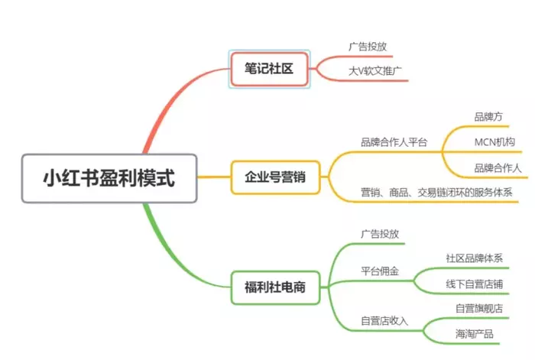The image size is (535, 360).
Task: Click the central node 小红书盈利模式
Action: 109,178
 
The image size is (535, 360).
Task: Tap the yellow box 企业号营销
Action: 274,177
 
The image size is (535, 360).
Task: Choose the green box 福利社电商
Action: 275,288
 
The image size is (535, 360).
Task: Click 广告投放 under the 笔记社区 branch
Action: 368,47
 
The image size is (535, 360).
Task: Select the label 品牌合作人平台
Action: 394,142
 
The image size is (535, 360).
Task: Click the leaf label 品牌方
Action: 488,117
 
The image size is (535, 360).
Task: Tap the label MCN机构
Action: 494,142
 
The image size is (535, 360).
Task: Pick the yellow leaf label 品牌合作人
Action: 498,167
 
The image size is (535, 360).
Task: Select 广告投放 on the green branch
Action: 380,234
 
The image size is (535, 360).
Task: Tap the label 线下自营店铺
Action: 474,284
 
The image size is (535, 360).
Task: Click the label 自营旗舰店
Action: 479,309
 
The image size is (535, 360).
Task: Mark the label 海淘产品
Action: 474,334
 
